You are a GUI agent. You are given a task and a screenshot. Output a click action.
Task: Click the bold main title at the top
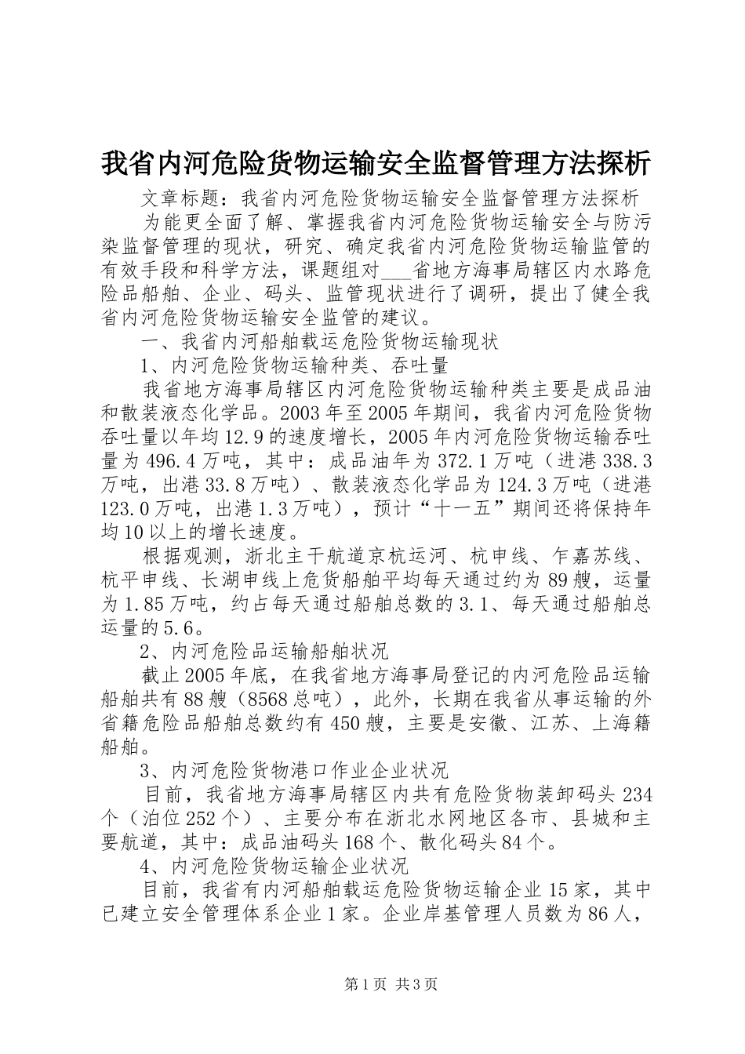coord(376,163)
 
